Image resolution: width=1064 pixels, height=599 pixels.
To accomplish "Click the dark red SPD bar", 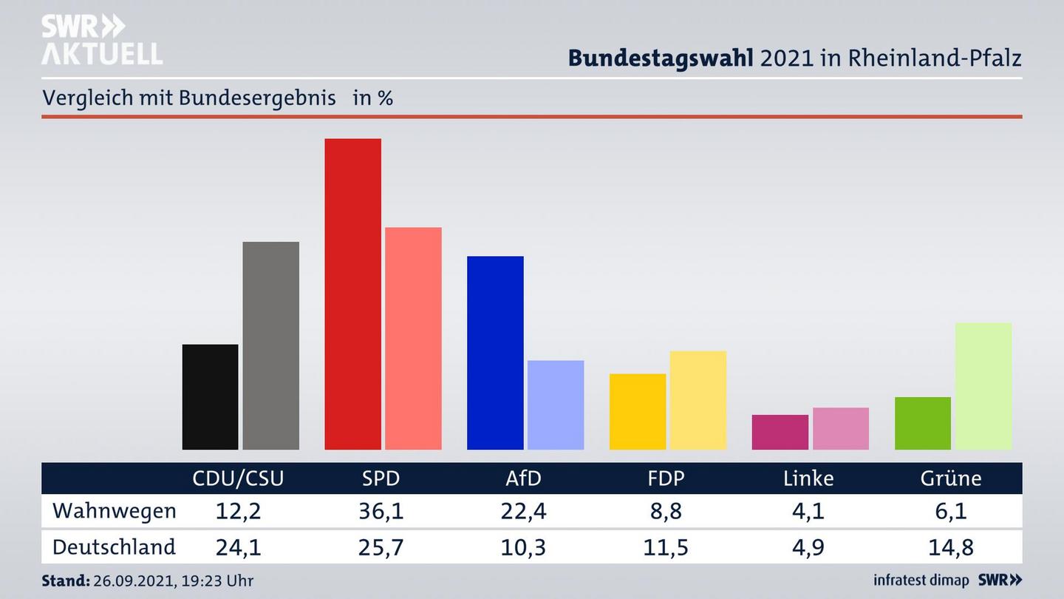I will coord(352,294).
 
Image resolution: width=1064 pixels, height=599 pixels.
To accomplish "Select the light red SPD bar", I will coord(413,338).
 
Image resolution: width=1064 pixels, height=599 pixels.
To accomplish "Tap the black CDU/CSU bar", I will coord(210,396).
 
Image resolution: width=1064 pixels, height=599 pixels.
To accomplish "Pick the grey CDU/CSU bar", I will coord(270,345).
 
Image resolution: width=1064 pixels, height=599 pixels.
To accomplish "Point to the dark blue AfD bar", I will coord(495,353).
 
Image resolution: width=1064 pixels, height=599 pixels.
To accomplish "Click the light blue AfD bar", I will coord(556,405).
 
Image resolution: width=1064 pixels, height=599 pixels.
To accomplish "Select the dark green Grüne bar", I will coord(922,423).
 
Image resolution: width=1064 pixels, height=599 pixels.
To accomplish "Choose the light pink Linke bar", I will coord(840,428).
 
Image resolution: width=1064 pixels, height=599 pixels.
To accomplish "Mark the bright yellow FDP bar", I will coord(637,411).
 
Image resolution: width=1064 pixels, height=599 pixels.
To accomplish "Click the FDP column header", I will coord(665,478).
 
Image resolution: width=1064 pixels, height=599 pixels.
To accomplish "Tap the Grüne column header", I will coord(950,478).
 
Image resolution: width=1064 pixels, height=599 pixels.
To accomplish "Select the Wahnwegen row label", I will coord(115,511).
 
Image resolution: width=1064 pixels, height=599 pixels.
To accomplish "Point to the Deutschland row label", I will coord(114,547).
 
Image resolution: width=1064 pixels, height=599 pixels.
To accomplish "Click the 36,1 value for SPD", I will coord(381,511).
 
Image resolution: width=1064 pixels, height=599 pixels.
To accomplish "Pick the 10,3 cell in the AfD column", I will coord(523,547).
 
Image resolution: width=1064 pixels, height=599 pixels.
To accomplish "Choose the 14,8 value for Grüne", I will coord(951,547).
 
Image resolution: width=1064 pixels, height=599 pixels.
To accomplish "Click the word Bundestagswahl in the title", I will coord(661,58).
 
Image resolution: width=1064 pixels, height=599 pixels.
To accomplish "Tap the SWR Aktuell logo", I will coord(101,40).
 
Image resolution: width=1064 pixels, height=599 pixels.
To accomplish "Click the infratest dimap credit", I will coord(921,581).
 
